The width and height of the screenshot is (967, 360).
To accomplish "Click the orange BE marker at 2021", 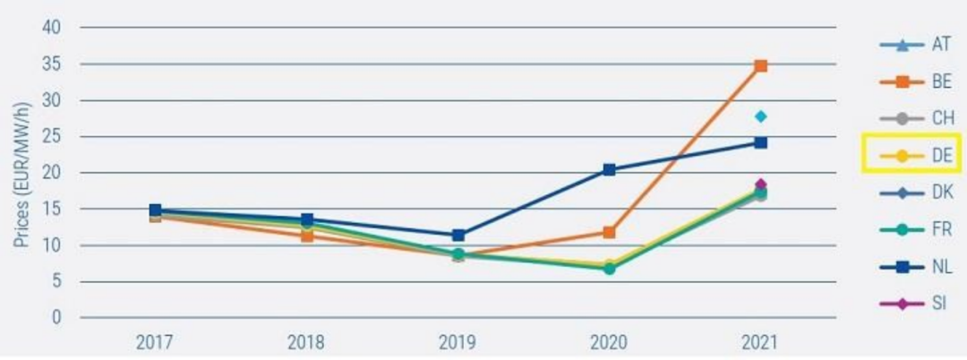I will pos(760,65).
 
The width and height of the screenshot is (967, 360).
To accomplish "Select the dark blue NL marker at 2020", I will pos(609,169).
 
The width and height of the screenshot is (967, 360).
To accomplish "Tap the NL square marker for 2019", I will pos(458,236).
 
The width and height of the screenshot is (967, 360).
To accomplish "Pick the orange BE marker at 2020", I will pos(609,232).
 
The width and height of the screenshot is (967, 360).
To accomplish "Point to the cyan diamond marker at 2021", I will pos(760,116).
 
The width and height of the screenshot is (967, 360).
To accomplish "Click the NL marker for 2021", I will pos(760,142).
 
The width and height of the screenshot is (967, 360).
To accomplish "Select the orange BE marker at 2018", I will pos(306,236).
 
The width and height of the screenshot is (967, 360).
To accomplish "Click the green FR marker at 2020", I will pos(609,268).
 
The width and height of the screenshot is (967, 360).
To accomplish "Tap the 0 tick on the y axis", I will pos(56,318).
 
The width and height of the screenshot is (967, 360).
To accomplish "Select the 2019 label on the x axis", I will pos(458,341).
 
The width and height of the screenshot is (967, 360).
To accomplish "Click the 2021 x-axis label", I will pos(760,341).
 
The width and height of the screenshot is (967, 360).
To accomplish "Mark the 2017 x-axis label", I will pos(155,341).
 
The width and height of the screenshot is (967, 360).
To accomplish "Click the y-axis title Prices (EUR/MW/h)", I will pos(23,173).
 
